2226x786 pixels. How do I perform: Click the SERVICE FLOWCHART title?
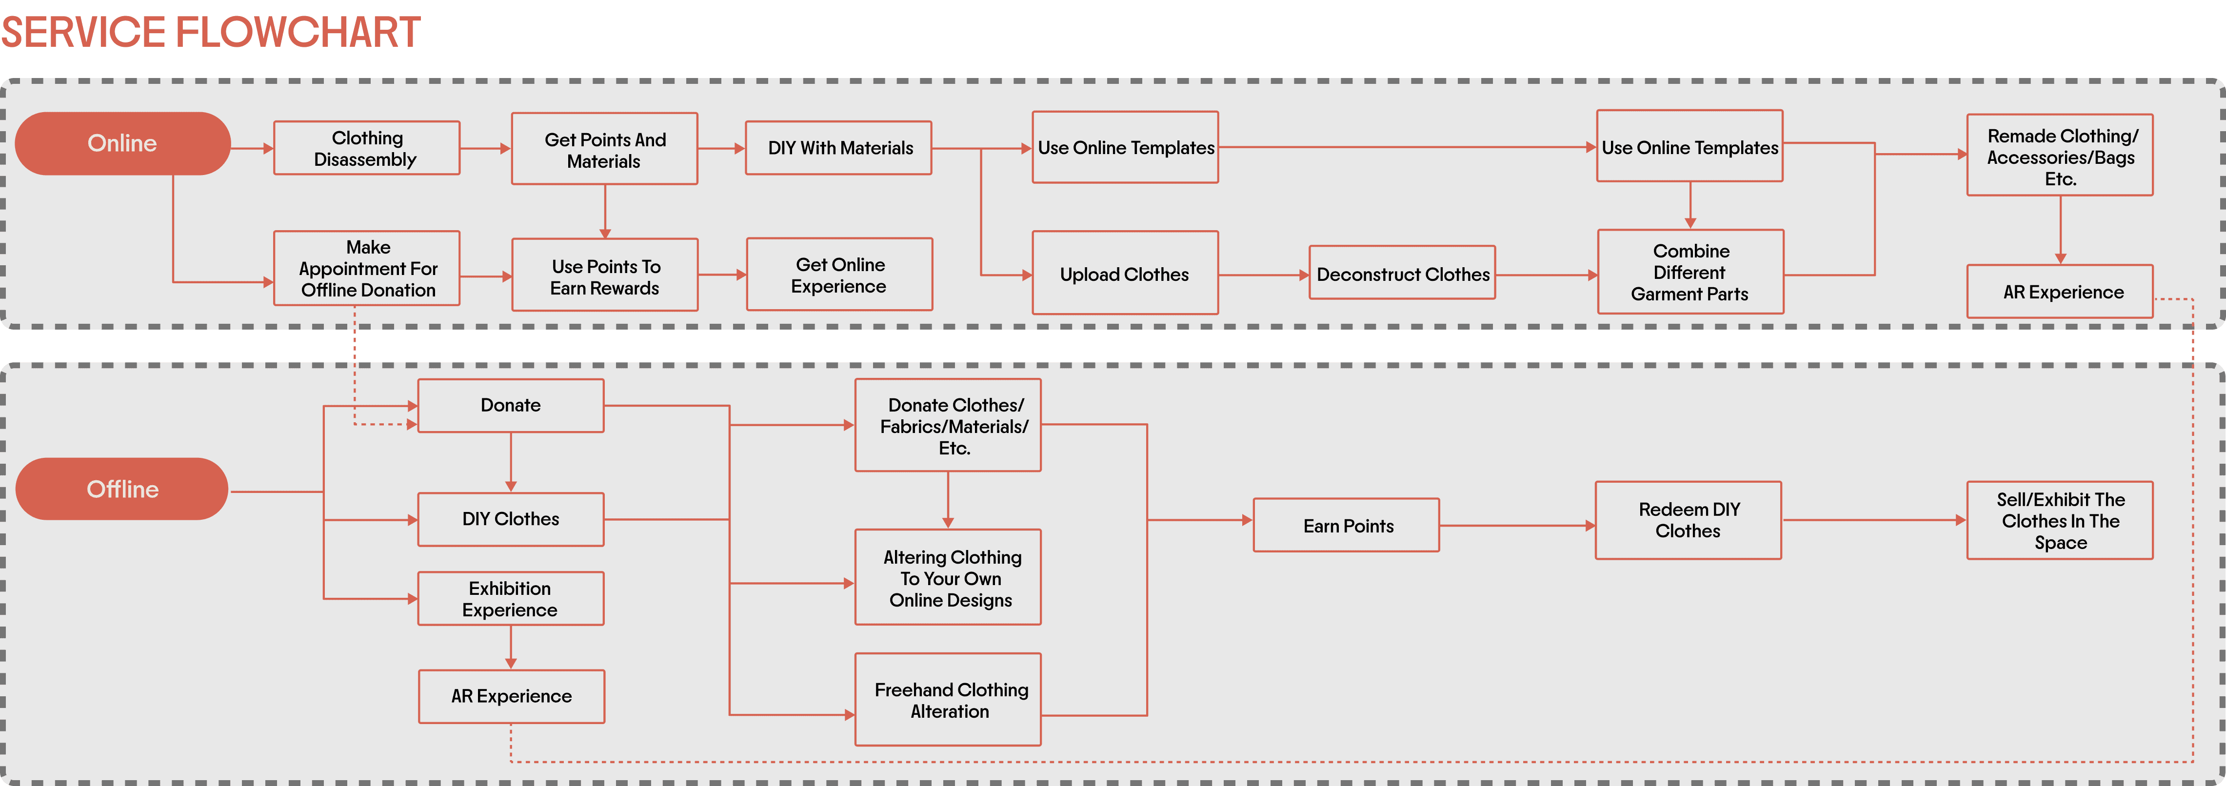click(211, 33)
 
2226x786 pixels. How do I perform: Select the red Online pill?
click(123, 143)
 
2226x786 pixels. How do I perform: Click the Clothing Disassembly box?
click(366, 149)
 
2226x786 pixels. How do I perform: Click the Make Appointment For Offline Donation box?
click(366, 269)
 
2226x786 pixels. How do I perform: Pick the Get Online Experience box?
click(839, 275)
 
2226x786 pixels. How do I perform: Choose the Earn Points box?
click(1346, 525)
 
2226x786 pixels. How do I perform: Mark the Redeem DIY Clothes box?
click(1689, 520)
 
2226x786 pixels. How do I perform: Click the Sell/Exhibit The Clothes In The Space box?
click(2060, 520)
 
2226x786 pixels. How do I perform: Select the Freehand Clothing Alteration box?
click(948, 700)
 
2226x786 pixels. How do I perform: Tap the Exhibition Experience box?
click(511, 599)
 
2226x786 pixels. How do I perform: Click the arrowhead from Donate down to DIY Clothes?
click(511, 486)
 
